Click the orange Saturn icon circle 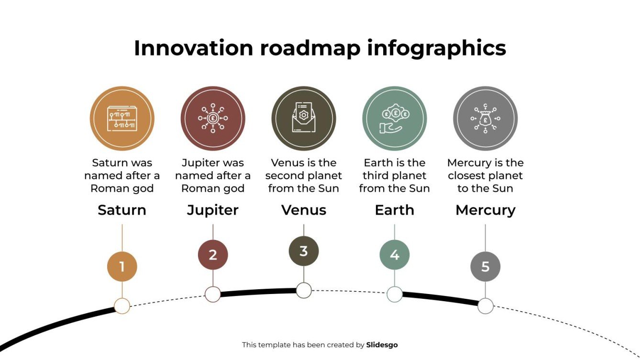point(122,118)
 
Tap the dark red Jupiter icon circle point(213,118)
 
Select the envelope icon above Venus point(304,118)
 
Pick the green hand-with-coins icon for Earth point(395,118)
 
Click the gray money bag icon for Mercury point(486,118)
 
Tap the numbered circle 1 point(122,266)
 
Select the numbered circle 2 point(213,255)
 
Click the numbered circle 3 point(304,251)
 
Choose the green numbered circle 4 point(395,255)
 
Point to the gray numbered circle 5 point(486,266)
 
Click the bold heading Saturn point(122,210)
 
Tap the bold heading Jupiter point(213,210)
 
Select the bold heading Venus point(304,210)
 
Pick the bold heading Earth point(395,210)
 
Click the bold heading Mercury point(486,210)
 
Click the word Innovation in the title point(193,48)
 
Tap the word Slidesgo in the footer point(382,345)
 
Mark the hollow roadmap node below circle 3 point(304,290)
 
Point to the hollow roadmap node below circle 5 point(486,306)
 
